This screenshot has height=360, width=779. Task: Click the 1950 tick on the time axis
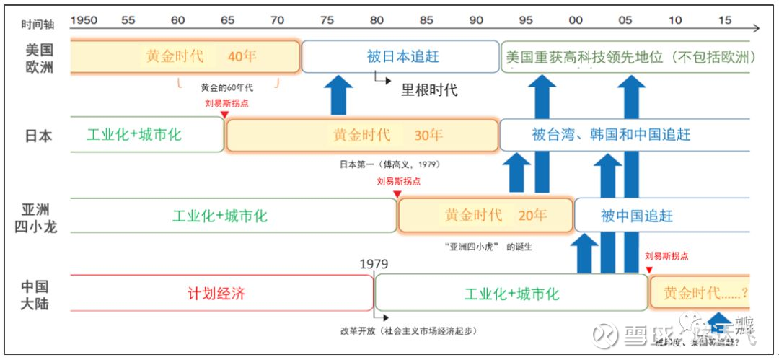(84, 20)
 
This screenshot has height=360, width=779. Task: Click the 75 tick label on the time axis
(327, 20)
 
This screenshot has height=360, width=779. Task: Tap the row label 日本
(38, 135)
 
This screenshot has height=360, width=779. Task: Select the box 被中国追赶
(636, 216)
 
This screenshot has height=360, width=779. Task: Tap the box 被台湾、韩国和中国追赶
(610, 135)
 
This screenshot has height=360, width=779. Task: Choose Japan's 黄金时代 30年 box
(362, 135)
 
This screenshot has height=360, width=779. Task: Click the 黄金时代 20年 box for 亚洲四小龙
(485, 215)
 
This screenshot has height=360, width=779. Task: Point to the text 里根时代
(429, 90)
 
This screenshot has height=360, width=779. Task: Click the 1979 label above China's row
(374, 264)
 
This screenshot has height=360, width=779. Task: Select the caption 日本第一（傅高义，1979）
(389, 164)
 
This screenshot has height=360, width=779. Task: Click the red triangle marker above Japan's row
(224, 115)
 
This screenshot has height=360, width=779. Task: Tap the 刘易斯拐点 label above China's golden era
(666, 255)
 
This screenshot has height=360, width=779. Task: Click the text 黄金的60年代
(226, 87)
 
